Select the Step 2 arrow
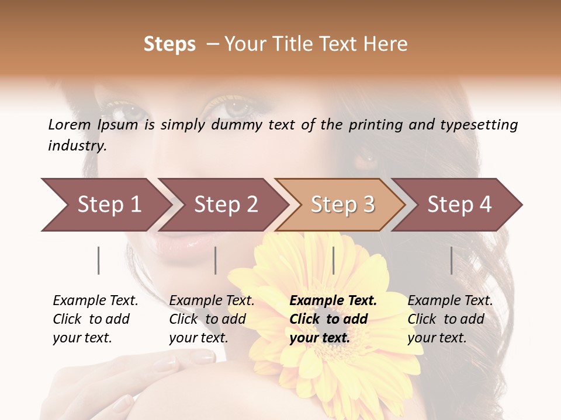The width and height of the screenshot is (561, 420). [x=225, y=205]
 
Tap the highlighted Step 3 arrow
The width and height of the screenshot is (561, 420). [x=342, y=205]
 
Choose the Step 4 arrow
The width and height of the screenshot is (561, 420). [x=459, y=205]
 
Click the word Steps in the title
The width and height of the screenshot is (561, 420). [x=169, y=44]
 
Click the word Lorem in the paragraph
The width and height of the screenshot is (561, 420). [x=69, y=124]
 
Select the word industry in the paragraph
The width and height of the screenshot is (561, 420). [x=77, y=146]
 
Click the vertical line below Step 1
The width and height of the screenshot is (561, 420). [x=99, y=260]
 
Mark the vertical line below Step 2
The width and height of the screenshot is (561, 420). [x=216, y=260]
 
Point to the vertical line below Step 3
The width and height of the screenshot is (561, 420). [x=333, y=260]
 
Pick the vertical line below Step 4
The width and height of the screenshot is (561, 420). [x=452, y=260]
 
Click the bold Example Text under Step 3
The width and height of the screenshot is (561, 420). [x=333, y=301]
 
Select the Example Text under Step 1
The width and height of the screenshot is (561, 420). [x=95, y=301]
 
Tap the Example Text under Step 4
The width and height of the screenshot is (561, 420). [x=450, y=301]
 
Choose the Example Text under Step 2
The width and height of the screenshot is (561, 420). [x=212, y=301]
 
